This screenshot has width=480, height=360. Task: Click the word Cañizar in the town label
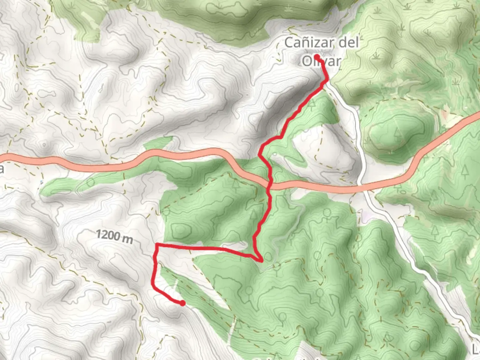pos(309,43)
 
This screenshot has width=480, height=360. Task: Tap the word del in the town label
pos(349,43)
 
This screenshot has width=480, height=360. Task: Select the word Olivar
pos(321,61)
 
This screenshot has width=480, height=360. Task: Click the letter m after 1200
pos(127,239)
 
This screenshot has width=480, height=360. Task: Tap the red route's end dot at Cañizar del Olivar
pos(317,57)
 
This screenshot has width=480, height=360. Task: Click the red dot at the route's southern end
pos(182,303)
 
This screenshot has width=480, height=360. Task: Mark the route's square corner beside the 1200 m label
pos(157,245)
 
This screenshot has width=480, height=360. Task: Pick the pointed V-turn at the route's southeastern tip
pos(261,260)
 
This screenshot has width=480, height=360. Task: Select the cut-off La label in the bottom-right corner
pos(476,349)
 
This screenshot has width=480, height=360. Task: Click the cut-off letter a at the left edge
pos(2,169)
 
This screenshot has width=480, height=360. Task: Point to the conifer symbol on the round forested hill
pos(398,133)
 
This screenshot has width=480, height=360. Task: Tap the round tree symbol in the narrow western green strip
pos(90,182)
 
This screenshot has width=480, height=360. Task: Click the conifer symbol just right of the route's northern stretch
pos(312,104)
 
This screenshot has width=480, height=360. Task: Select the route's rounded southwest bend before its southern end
pos(153,286)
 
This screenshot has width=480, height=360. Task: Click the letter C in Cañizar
pos(289,43)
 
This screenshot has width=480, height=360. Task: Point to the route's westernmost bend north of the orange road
pos(260,153)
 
